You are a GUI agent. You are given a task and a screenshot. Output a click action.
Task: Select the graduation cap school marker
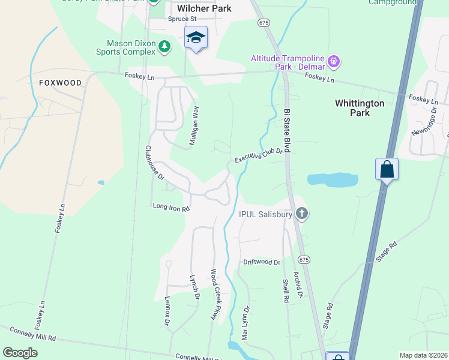click(x=196, y=38)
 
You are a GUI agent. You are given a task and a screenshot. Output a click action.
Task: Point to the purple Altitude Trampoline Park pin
click(x=334, y=61)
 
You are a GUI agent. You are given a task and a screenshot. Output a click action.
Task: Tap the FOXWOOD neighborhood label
click(x=59, y=82)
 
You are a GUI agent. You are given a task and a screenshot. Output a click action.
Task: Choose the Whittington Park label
click(x=360, y=108)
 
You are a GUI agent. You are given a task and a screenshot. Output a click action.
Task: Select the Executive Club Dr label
click(x=258, y=155)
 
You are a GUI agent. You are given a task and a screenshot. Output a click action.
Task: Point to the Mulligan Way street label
click(x=195, y=123)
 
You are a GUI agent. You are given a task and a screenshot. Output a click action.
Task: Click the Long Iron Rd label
click(x=171, y=208)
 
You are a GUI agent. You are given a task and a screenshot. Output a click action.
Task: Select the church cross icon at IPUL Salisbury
click(x=302, y=214)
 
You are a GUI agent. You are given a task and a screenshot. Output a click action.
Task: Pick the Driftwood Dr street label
click(x=262, y=263)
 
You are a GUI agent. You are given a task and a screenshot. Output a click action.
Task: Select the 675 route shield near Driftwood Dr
click(x=304, y=259)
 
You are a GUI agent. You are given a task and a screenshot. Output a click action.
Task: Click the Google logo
click(x=20, y=353)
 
